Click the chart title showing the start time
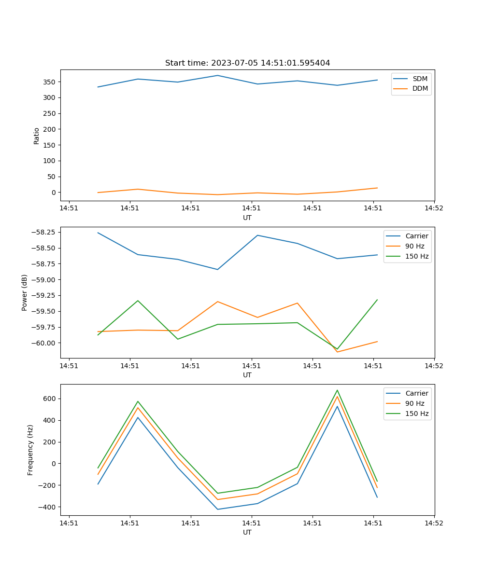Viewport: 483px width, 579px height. tap(247, 63)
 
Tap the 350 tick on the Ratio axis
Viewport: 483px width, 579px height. tap(49, 82)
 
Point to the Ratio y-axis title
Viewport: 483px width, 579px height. tap(37, 136)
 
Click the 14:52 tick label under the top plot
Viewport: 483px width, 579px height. tap(434, 208)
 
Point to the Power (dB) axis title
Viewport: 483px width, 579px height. tap(25, 292)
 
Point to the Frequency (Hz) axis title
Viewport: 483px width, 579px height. tap(30, 450)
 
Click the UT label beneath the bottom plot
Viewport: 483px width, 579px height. tap(247, 532)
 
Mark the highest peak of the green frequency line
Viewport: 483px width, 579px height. tap(337, 390)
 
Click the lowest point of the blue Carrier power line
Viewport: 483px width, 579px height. tap(217, 269)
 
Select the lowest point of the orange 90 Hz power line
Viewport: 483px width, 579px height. tap(337, 352)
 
